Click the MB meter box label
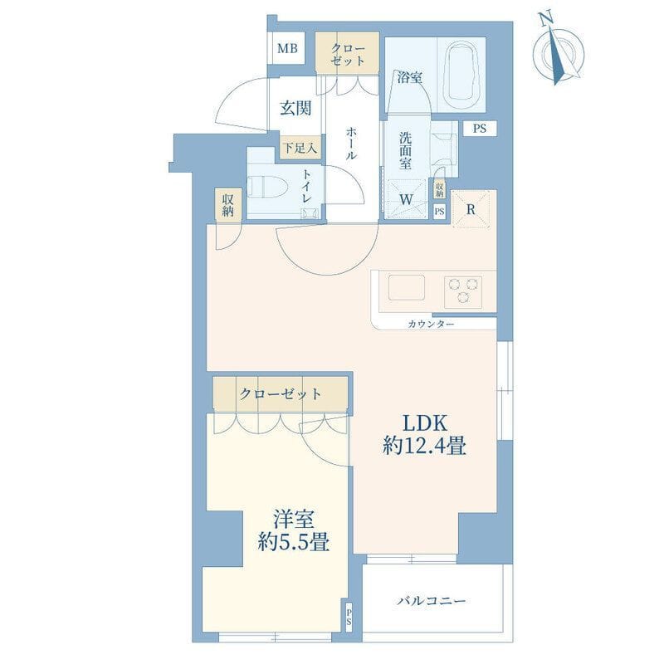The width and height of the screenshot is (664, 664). [287, 49]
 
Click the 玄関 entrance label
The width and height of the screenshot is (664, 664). [295, 109]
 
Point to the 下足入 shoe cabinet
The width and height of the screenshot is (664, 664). [300, 148]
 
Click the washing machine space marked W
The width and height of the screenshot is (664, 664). [406, 199]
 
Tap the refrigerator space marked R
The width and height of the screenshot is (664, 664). [471, 209]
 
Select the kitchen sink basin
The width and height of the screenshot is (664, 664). [407, 288]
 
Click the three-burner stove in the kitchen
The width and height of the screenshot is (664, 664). [463, 292]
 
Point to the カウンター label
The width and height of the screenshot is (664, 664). [431, 325]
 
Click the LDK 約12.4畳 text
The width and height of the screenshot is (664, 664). [425, 435]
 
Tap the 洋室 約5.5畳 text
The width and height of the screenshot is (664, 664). [294, 531]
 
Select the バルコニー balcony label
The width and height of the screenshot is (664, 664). [432, 600]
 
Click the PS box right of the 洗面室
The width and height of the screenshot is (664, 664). [480, 129]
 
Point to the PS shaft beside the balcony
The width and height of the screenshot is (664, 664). [349, 617]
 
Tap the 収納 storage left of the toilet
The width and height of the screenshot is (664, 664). [227, 203]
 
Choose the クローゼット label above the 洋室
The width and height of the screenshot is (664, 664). [281, 394]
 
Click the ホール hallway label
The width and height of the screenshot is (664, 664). [351, 144]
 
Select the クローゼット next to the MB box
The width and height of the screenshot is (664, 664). [347, 54]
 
